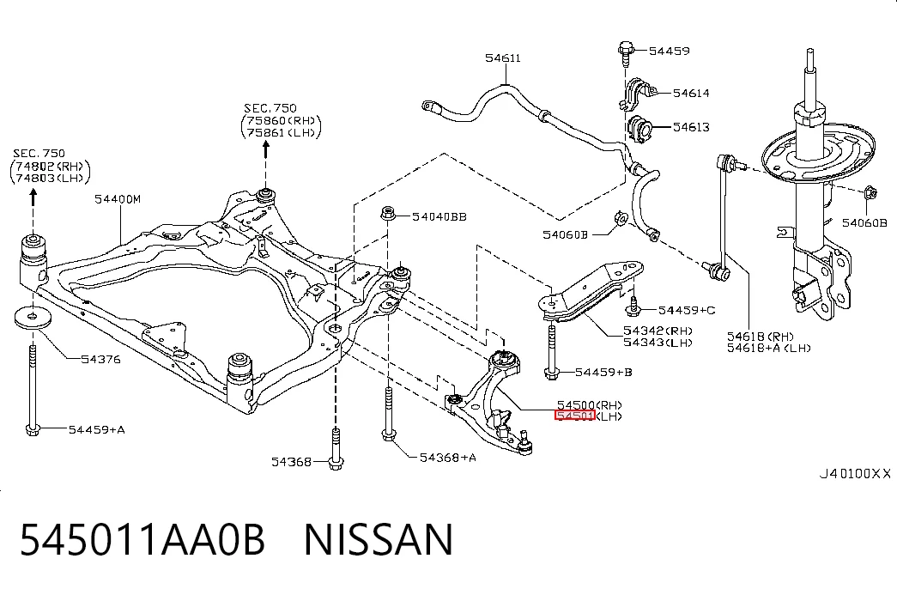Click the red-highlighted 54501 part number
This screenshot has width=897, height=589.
[x=575, y=416]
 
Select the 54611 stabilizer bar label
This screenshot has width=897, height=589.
[x=503, y=58]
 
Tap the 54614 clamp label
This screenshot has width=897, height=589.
[x=691, y=93]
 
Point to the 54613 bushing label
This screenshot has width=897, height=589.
[x=691, y=127]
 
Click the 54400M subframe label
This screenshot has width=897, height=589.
[x=118, y=199]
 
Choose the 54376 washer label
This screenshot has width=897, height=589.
[x=100, y=360]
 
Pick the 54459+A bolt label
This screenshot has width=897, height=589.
[x=97, y=429]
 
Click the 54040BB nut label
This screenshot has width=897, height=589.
[x=439, y=217]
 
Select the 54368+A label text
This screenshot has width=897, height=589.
[x=448, y=458]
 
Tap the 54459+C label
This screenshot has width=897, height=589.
[x=687, y=310]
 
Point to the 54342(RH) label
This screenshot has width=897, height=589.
[x=658, y=331]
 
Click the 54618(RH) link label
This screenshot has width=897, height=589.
[x=761, y=337]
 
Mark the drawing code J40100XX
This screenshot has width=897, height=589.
[x=855, y=474]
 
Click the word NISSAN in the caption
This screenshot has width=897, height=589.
[x=379, y=540]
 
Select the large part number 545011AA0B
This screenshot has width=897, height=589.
[x=143, y=540]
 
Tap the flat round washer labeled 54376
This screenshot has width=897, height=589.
[x=33, y=318]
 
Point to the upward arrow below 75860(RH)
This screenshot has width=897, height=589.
[x=265, y=149]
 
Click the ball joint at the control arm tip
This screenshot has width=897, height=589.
[x=525, y=444]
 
